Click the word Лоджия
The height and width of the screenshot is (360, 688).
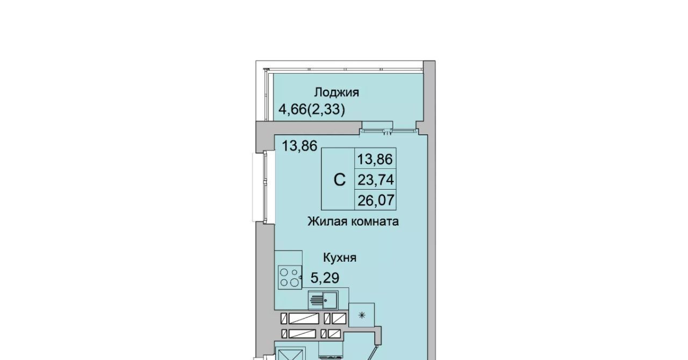click(x=336, y=92)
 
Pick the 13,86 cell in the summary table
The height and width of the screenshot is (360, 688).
click(x=375, y=159)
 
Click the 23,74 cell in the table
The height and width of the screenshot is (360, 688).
click(x=376, y=179)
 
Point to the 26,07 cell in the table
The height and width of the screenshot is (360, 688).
click(x=376, y=200)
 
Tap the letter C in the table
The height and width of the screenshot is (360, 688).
click(x=339, y=179)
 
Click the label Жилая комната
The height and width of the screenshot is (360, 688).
click(x=353, y=221)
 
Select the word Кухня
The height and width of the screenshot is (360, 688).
click(x=340, y=258)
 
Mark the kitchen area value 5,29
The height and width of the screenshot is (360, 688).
click(x=325, y=278)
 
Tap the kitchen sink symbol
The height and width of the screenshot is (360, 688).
click(x=324, y=300)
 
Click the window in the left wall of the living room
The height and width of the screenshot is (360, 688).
click(x=260, y=187)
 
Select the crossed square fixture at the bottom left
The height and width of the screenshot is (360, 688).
click(x=291, y=354)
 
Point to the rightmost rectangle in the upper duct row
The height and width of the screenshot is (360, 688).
click(x=339, y=319)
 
